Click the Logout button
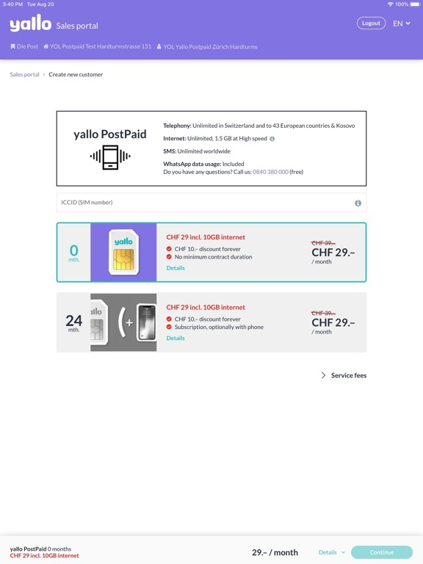coord(371,23)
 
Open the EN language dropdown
coord(402,23)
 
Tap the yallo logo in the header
coord(31,24)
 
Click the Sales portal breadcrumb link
coord(24,74)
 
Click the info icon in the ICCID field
coord(358,203)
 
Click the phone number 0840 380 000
coord(270,172)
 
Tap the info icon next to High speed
coord(272,139)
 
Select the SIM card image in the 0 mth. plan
coord(123,253)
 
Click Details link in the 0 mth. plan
coord(176,268)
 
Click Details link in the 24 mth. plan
coord(176,339)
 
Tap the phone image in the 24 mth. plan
coord(147,322)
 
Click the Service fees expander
coord(344,375)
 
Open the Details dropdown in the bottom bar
coord(331,552)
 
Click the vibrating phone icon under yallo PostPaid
coord(110,157)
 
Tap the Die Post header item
coord(24,46)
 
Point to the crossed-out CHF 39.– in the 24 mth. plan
coord(323,313)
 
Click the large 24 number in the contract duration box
coord(73,320)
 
